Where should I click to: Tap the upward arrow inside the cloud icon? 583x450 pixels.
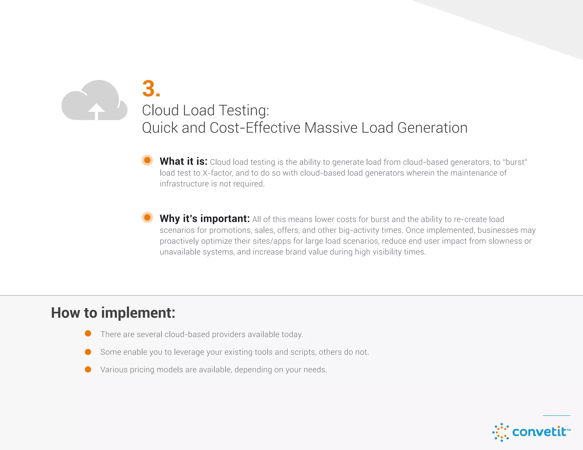97,111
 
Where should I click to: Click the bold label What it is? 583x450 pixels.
184,161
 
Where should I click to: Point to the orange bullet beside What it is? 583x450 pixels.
147,160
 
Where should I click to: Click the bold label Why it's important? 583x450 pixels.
205,218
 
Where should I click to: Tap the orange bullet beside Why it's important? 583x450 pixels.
147,217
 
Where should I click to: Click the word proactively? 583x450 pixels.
179,241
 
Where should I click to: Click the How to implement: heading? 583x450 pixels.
113,313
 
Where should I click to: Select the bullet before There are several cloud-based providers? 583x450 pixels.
88,333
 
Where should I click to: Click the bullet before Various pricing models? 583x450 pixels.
88,369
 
